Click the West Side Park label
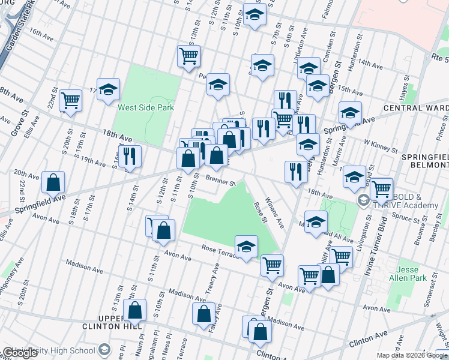145,108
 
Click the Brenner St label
219,180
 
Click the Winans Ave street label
276,212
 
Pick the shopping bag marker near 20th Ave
53,182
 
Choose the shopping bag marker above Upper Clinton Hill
135,310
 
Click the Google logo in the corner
20,353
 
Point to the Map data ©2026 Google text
411,355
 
